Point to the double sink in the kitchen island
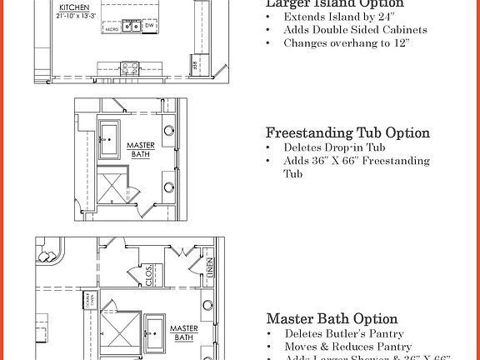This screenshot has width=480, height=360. (131, 27)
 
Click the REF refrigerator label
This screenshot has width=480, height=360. (194, 64)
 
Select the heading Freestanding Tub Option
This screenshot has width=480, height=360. (347, 133)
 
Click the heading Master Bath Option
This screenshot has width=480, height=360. (332, 319)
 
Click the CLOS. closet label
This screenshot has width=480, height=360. (149, 277)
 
